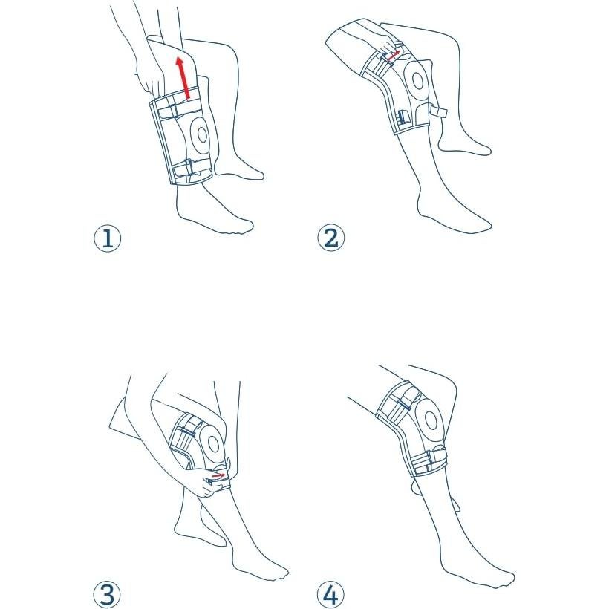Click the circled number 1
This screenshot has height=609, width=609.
click(x=107, y=238)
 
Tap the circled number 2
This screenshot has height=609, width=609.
click(x=331, y=238)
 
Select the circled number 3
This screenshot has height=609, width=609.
click(x=107, y=594)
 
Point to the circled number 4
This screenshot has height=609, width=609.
click(x=331, y=594)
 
